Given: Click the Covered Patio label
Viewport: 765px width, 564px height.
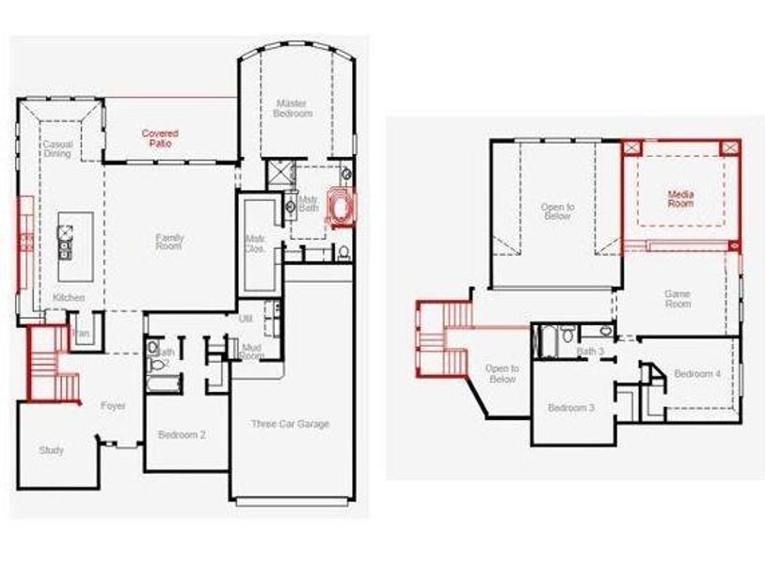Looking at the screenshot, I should click(160, 138).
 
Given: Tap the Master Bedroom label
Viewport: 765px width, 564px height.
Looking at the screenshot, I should click(294, 108).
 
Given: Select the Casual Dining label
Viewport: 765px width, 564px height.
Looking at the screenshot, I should click(57, 149).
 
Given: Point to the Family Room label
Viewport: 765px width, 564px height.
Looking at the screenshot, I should click(169, 242).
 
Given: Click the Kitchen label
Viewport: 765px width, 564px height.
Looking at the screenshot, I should click(69, 298).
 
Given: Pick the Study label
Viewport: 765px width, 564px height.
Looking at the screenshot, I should click(52, 450).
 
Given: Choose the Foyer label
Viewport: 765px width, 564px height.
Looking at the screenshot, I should click(113, 406).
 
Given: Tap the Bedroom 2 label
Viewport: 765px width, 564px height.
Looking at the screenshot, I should click(183, 434).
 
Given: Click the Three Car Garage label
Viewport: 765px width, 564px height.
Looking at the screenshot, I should click(290, 424).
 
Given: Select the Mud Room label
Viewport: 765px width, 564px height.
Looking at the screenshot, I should click(251, 352).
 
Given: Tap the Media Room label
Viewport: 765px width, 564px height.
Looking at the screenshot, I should click(680, 198).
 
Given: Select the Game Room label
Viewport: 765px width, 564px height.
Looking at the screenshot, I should click(677, 298).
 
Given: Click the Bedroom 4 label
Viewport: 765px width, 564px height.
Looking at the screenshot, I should click(697, 373).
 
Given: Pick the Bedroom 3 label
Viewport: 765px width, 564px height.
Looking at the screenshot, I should click(571, 408).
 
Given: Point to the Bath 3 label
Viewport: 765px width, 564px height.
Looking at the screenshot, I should click(591, 352).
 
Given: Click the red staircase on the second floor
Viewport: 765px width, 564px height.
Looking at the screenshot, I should click(443, 336).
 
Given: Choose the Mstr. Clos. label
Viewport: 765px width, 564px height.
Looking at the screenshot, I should click(254, 243).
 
